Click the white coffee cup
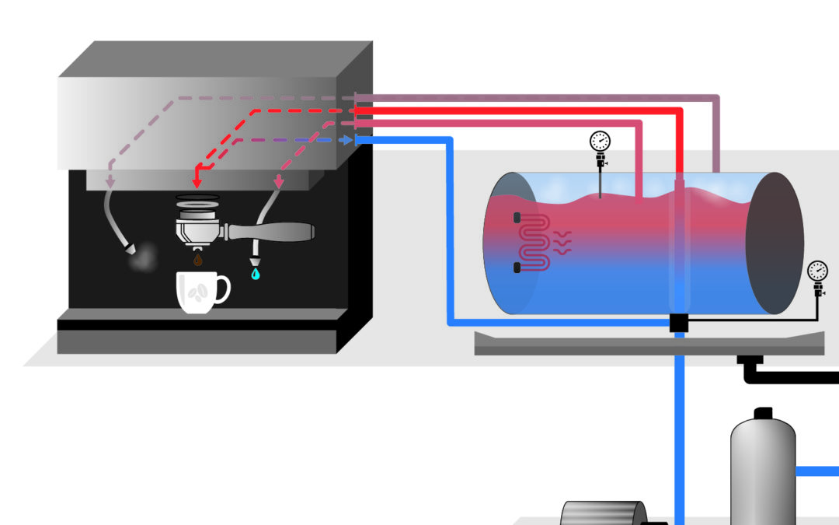[197, 292]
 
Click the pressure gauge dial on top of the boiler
[600, 141]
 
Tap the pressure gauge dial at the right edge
[817, 271]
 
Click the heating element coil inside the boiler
[534, 242]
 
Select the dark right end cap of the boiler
[774, 243]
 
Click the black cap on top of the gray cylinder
[763, 412]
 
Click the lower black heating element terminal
[517, 268]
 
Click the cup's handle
[224, 289]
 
